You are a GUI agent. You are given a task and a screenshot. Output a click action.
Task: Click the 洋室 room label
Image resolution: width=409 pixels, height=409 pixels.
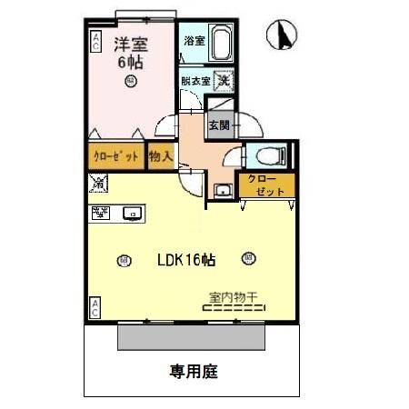click(x=131, y=43)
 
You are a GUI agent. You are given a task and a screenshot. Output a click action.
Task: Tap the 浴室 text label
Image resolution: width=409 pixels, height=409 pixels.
click(x=194, y=41)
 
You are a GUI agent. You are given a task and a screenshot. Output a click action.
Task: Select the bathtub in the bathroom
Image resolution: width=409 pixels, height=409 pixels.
click(x=223, y=44)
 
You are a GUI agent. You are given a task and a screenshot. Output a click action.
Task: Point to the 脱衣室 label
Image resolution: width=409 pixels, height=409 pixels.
click(x=195, y=81)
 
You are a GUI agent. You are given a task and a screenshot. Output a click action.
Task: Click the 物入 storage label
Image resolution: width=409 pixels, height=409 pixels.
click(x=161, y=156)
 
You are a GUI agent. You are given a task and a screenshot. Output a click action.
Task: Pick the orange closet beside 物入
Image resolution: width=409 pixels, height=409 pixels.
click(x=116, y=156)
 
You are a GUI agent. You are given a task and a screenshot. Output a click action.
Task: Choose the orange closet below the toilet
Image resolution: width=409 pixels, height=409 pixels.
click(x=264, y=185)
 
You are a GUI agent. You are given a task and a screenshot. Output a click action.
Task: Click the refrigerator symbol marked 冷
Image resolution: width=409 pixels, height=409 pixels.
click(x=98, y=185)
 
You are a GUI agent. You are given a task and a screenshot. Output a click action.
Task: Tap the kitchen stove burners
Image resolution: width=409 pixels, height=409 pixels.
click(x=100, y=214)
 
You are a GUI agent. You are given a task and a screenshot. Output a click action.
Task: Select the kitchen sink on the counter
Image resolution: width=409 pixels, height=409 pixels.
click(x=131, y=214)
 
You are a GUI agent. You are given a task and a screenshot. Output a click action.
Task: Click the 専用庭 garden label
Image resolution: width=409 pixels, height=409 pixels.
click(x=194, y=371)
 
